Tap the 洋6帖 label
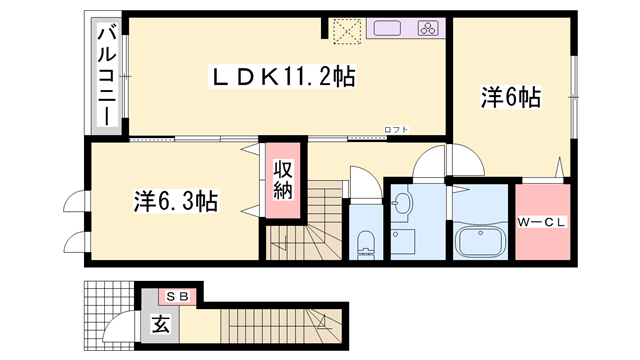pyautogui.click(x=510, y=97)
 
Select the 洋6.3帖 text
pyautogui.click(x=176, y=201)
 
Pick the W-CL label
pyautogui.click(x=543, y=222)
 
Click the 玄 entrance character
pyautogui.click(x=160, y=324)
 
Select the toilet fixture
pyautogui.click(x=365, y=240)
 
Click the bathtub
pyautogui.click(x=481, y=240)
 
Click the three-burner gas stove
pyautogui.click(x=429, y=28)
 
